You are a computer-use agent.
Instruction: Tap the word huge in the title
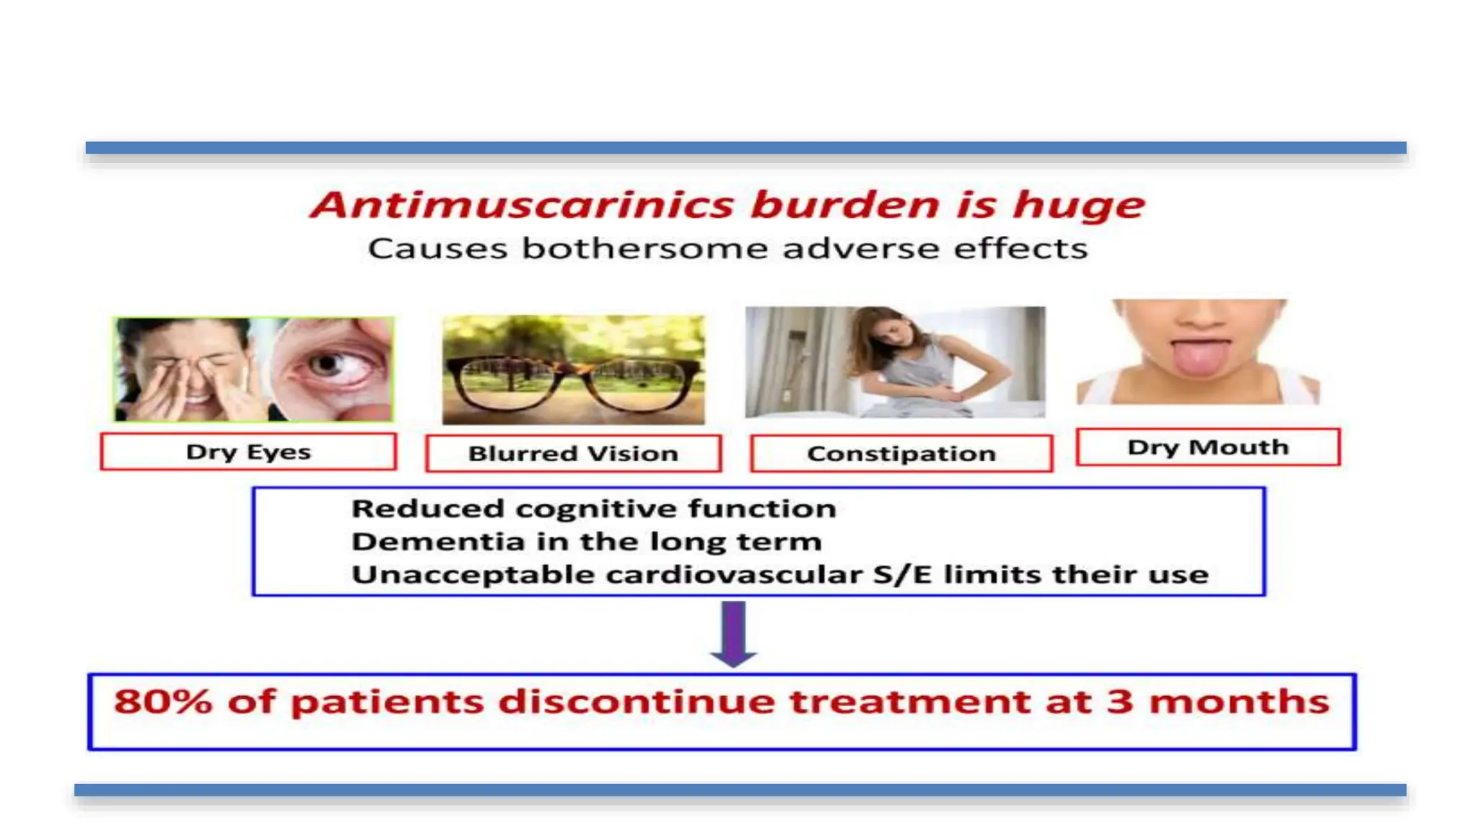pyautogui.click(x=1078, y=205)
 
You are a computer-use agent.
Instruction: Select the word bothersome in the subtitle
pyautogui.click(x=645, y=249)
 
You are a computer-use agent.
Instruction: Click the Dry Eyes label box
pyautogui.click(x=248, y=452)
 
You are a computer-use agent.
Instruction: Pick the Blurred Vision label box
pyautogui.click(x=573, y=453)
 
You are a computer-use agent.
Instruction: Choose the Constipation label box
pyautogui.click(x=901, y=453)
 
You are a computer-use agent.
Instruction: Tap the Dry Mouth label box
pyautogui.click(x=1207, y=447)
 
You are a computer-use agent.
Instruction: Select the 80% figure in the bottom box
pyautogui.click(x=163, y=701)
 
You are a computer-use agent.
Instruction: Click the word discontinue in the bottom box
pyautogui.click(x=636, y=701)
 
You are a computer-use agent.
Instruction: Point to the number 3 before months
pyautogui.click(x=1119, y=701)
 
